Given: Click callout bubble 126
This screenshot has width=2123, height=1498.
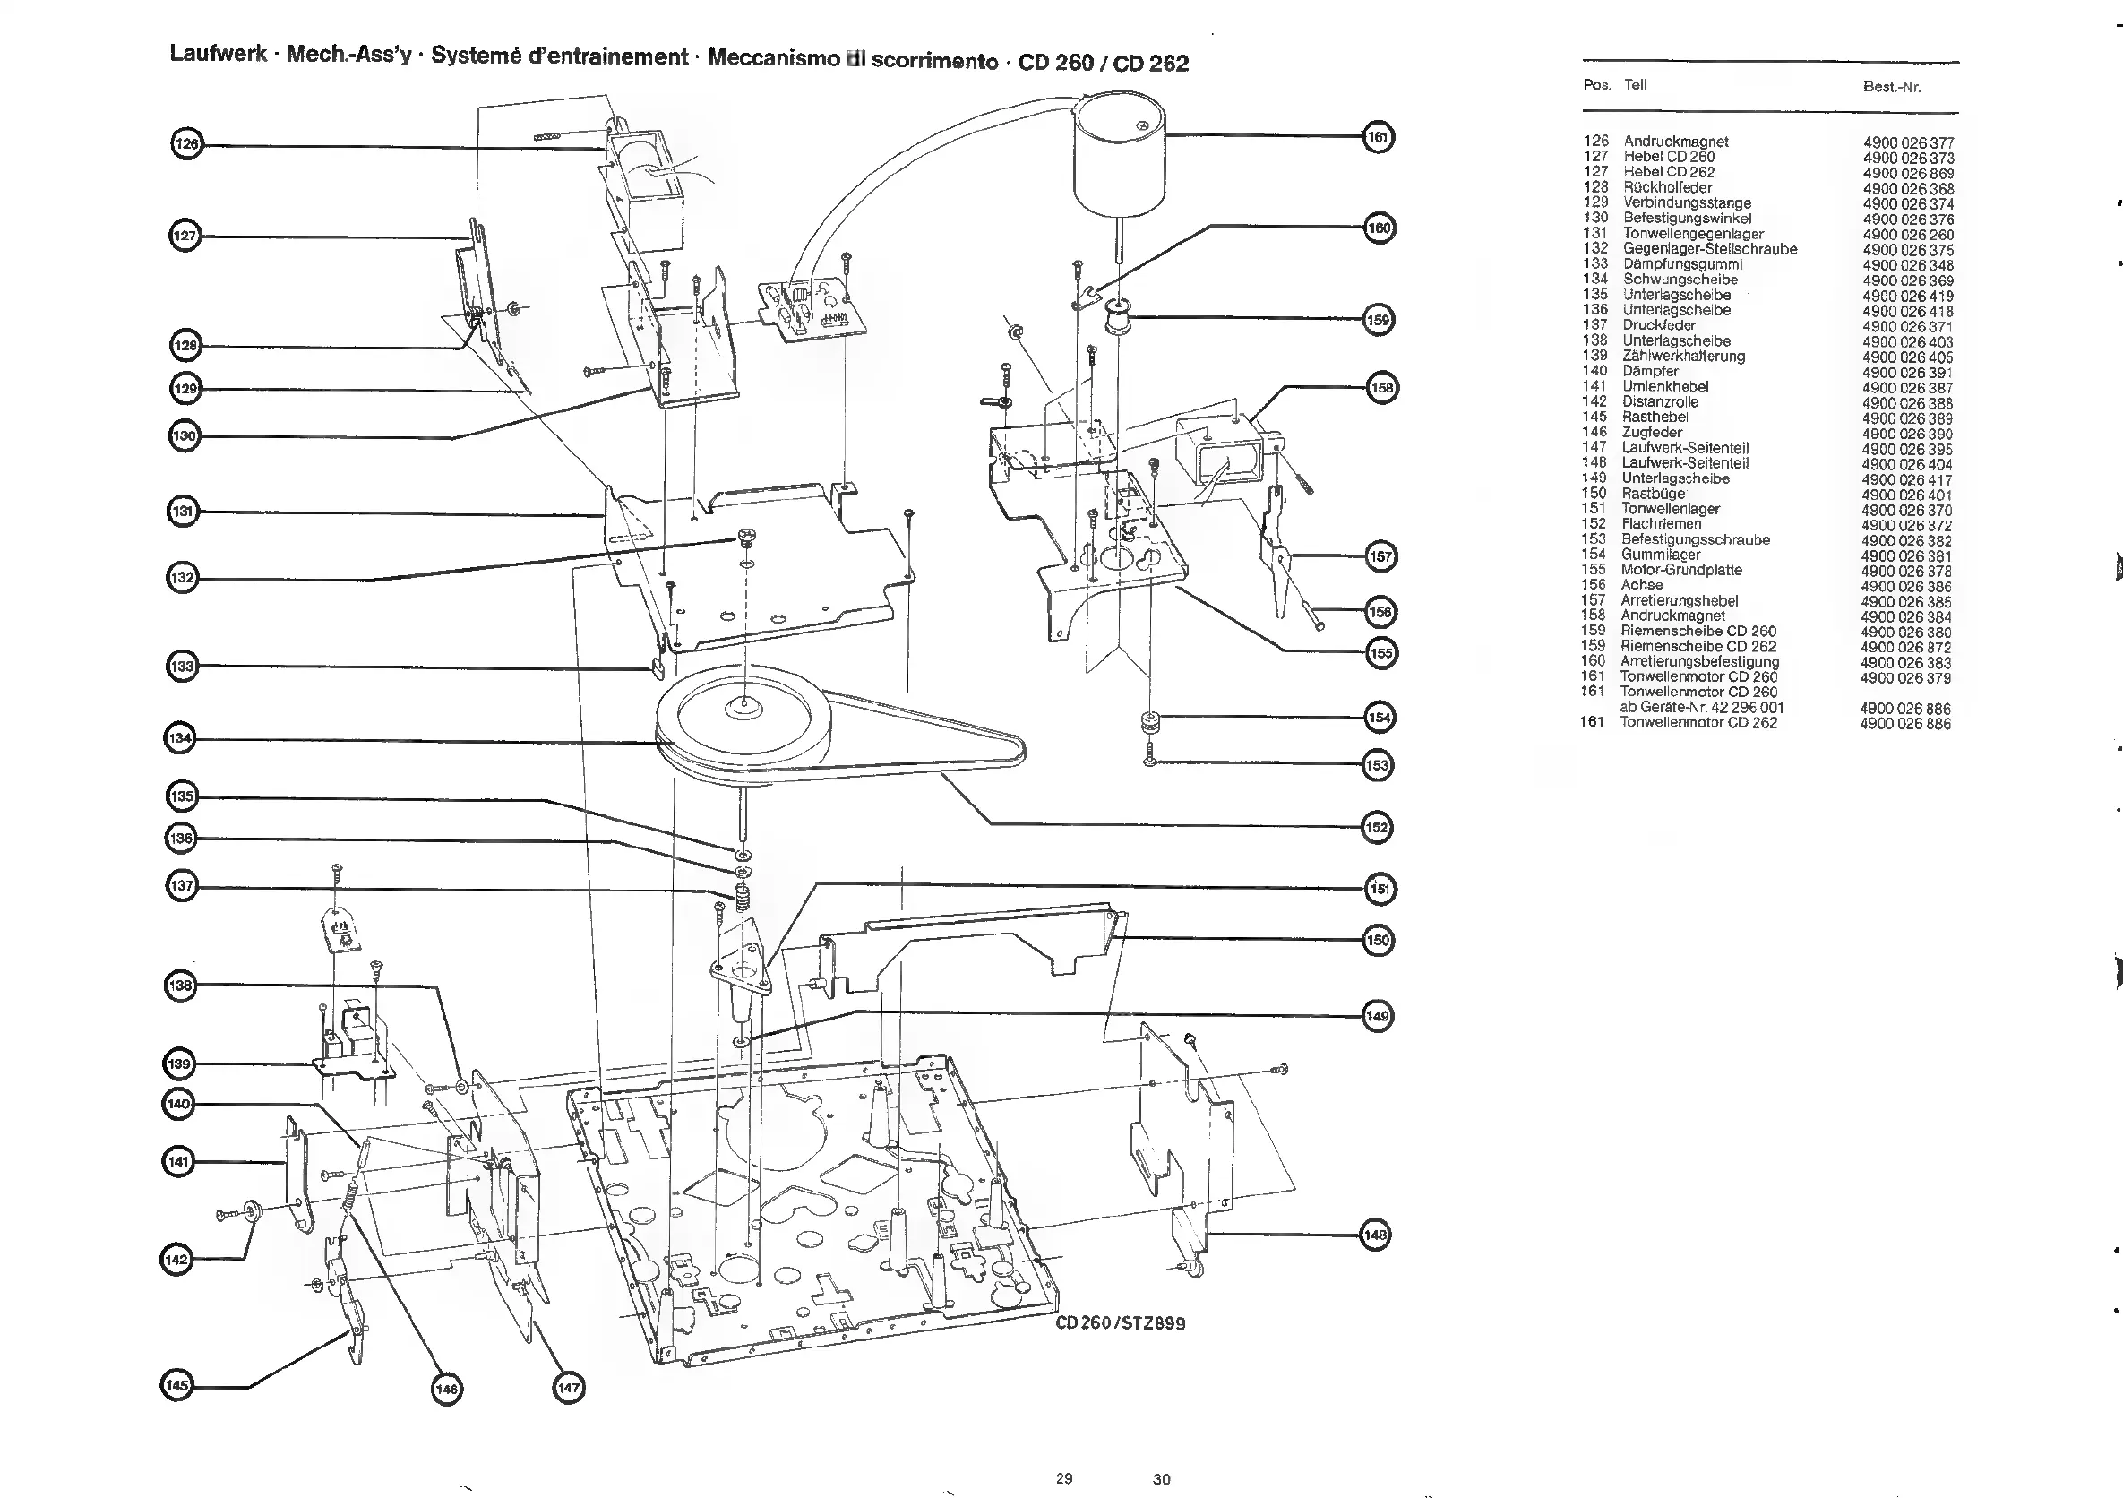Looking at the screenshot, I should (187, 144).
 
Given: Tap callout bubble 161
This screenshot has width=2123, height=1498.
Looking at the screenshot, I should (1378, 138).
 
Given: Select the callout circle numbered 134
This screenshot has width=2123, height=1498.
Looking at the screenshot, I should (180, 739).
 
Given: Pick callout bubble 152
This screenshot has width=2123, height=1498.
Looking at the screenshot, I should (1377, 827).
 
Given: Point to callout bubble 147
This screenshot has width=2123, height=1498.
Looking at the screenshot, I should (569, 1388).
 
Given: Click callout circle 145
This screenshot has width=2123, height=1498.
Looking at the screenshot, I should (176, 1385).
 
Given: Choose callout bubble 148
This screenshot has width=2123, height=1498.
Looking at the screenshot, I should (1376, 1235).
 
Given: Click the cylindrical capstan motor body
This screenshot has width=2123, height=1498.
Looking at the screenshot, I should (1118, 157).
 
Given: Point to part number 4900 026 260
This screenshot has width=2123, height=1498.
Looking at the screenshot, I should (1906, 234).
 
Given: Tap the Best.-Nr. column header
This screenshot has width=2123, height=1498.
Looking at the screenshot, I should (1891, 87).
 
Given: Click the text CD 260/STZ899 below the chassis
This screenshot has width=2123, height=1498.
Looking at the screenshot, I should (1120, 1323).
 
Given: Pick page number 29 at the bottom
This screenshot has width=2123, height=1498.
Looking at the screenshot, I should (1064, 1478).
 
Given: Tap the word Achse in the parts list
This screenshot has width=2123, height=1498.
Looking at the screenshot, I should (1641, 585).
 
